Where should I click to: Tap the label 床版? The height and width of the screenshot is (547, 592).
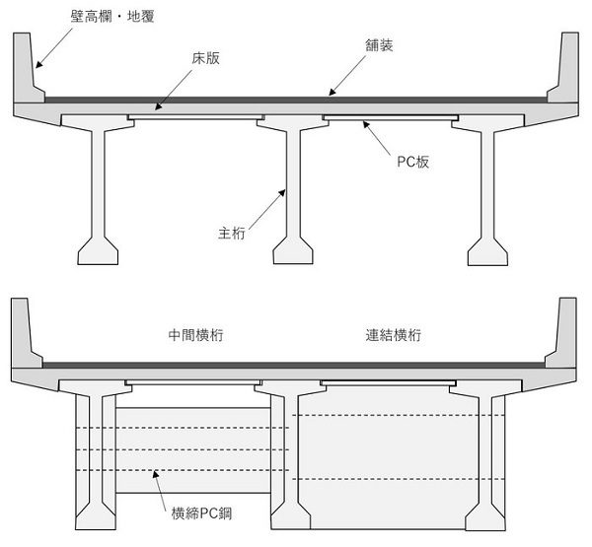[205, 58]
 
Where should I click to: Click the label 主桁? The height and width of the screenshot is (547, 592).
[231, 234]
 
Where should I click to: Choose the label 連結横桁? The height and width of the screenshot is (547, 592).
[394, 335]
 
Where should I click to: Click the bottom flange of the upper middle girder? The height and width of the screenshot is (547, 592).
[293, 250]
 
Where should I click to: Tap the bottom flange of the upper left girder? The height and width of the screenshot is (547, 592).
[101, 250]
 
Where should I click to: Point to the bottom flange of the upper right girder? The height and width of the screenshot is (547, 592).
[488, 250]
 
